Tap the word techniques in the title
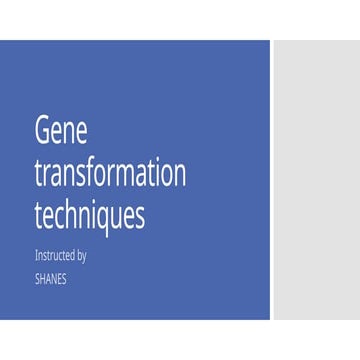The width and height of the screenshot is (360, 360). (x=90, y=215)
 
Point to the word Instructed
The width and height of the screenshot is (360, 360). (x=54, y=256)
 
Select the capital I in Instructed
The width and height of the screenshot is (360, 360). (x=36, y=256)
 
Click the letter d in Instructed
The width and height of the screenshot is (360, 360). (x=71, y=256)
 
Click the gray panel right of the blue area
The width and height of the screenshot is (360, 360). (x=315, y=180)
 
